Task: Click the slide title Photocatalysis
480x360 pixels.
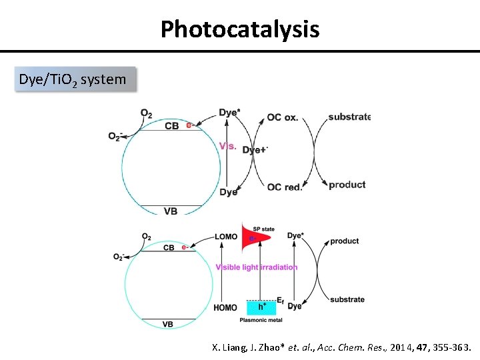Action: [240, 29]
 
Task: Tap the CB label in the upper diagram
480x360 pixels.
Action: [171, 125]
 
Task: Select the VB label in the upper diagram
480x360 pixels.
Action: [171, 211]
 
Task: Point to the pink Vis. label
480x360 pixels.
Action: [228, 146]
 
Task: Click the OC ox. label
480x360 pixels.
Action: [283, 117]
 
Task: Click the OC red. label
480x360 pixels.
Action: [285, 187]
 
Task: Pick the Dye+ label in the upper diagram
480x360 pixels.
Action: [255, 150]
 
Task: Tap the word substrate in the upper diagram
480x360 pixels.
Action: [349, 117]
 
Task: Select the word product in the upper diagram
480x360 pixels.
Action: [347, 185]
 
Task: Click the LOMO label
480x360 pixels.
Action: [225, 237]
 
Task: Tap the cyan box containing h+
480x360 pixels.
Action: [262, 307]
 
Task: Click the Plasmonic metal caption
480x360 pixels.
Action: [261, 320]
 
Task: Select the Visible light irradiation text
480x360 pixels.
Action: [257, 267]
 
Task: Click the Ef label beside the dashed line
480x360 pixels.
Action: [281, 301]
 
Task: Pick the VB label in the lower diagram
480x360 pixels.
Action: [168, 324]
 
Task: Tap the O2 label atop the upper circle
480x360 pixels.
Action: [146, 113]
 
